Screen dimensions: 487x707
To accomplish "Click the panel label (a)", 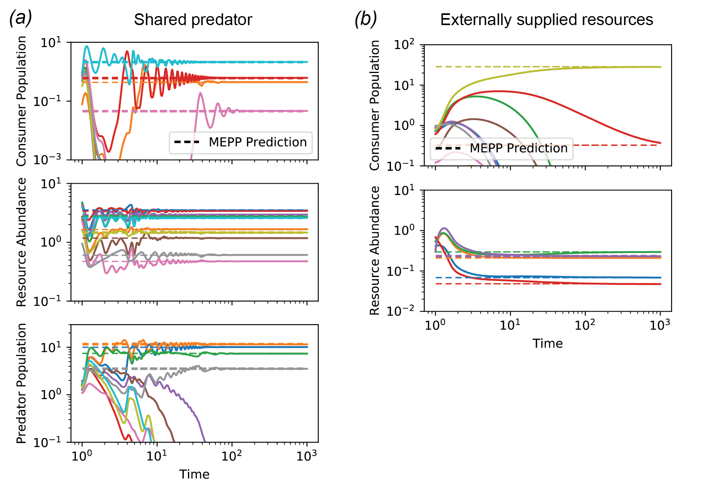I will (20, 18).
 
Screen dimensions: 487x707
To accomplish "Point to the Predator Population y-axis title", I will (21, 383).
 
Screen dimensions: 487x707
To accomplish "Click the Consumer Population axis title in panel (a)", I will (21, 101).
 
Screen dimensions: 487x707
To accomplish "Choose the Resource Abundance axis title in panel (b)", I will (375, 250).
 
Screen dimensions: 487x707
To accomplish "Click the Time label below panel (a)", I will (194, 474).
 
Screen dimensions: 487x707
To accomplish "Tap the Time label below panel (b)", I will (548, 343).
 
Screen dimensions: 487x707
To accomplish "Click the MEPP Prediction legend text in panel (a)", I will (258, 142).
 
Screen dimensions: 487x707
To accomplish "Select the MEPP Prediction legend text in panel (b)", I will (519, 148).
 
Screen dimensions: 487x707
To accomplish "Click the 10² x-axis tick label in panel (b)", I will (585, 325).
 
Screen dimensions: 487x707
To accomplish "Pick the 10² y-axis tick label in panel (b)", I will (404, 45).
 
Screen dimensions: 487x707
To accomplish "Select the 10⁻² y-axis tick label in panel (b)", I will (400, 311).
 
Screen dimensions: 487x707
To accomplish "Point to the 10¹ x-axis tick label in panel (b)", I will (510, 325).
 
